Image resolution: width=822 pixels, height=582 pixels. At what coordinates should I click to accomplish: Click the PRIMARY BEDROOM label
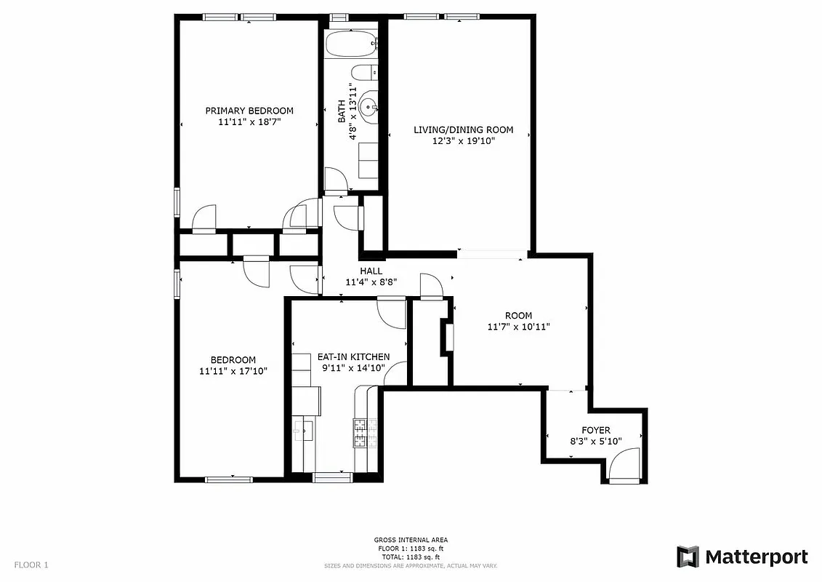249,111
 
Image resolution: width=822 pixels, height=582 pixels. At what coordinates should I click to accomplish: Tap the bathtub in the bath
351,44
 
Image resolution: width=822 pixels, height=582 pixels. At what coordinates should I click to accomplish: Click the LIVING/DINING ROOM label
463,129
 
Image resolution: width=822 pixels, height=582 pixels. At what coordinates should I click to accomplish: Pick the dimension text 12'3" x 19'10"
463,142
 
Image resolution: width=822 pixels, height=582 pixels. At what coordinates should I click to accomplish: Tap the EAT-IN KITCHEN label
353,356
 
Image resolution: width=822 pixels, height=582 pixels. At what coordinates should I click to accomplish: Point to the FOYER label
595,430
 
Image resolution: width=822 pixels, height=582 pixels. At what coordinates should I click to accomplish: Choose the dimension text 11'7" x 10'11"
518,327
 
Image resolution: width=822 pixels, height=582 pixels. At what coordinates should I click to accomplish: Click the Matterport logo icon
688,557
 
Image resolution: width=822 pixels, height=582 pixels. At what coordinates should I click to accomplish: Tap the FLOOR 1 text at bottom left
31,565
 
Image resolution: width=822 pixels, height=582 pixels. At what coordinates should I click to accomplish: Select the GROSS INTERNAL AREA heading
411,540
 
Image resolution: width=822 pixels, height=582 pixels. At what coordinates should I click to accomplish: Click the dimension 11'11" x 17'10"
233,371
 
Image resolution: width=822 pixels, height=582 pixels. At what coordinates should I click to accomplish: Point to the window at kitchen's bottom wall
332,477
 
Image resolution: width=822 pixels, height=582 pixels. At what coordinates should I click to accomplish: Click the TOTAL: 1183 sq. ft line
411,557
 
